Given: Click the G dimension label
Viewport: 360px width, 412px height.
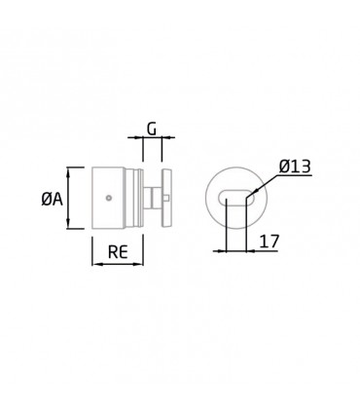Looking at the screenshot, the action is (x=152, y=130).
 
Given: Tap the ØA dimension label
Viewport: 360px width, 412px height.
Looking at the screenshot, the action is (x=52, y=198).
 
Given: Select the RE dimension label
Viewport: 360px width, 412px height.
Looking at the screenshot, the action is (x=118, y=251).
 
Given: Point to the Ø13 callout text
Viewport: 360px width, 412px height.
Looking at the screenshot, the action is (x=295, y=167).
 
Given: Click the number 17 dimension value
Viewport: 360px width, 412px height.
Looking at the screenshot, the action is (x=270, y=242).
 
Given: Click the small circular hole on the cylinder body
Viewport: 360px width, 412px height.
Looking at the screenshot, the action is (x=109, y=198).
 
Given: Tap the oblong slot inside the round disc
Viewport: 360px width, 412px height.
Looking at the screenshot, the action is (x=235, y=197).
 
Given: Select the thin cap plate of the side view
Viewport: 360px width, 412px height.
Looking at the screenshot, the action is (x=167, y=198).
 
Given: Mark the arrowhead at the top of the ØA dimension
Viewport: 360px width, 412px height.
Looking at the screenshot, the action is (x=68, y=171).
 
